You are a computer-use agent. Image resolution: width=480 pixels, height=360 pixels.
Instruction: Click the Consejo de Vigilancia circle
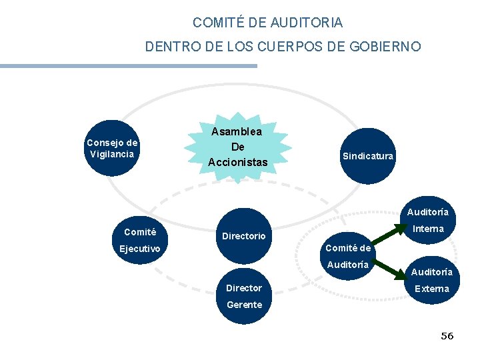tap(112, 148)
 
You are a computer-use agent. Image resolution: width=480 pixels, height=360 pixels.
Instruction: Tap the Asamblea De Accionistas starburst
tap(237, 147)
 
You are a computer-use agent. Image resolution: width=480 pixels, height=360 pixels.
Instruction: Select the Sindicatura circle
tap(368, 156)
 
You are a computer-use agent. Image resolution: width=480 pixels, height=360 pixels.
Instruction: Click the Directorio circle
tap(244, 235)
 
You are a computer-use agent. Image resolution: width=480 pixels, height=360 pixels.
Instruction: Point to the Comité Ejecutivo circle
tap(140, 240)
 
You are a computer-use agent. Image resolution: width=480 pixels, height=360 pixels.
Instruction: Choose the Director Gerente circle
tap(244, 296)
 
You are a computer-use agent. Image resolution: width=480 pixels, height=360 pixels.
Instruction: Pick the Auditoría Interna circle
tap(427, 220)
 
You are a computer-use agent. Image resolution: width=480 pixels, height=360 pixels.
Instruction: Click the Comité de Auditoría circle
tap(347, 256)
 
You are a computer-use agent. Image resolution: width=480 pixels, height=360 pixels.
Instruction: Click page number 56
tap(447, 336)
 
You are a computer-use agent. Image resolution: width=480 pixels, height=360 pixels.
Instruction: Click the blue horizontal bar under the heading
tap(128, 66)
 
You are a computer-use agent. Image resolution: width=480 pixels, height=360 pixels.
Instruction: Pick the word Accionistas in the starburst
tap(237, 162)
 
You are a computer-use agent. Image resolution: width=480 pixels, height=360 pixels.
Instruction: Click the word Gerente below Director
tap(244, 305)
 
